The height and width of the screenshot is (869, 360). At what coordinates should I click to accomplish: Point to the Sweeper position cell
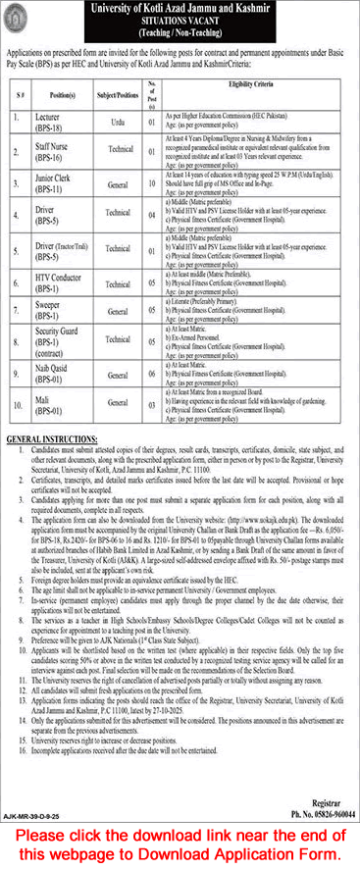57,310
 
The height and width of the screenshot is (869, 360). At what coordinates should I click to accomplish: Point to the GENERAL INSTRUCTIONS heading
52,433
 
